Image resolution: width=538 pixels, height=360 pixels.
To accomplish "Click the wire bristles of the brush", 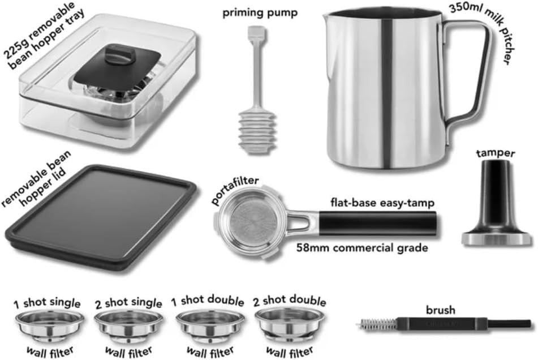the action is click(x=378, y=324).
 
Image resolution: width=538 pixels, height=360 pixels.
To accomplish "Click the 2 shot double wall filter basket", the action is click(x=290, y=323).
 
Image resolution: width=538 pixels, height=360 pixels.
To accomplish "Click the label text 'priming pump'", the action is click(x=260, y=13).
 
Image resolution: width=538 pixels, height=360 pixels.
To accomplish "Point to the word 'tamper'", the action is click(x=496, y=153).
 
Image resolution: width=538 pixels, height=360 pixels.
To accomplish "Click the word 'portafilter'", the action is click(x=234, y=191).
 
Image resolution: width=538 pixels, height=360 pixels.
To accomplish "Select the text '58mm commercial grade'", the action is click(x=362, y=248).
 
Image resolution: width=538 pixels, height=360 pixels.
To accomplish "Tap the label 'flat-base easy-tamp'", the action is click(x=382, y=203).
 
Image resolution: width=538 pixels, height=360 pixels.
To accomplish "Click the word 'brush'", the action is click(x=441, y=310).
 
